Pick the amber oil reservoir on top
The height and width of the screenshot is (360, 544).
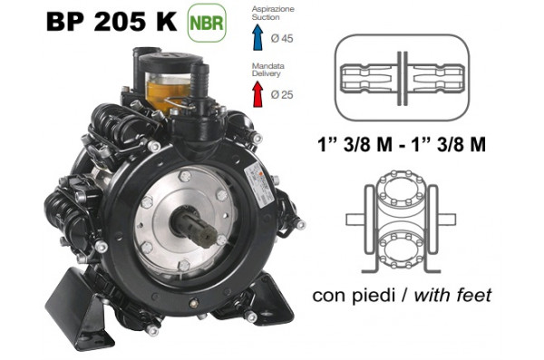pos(166,83)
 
